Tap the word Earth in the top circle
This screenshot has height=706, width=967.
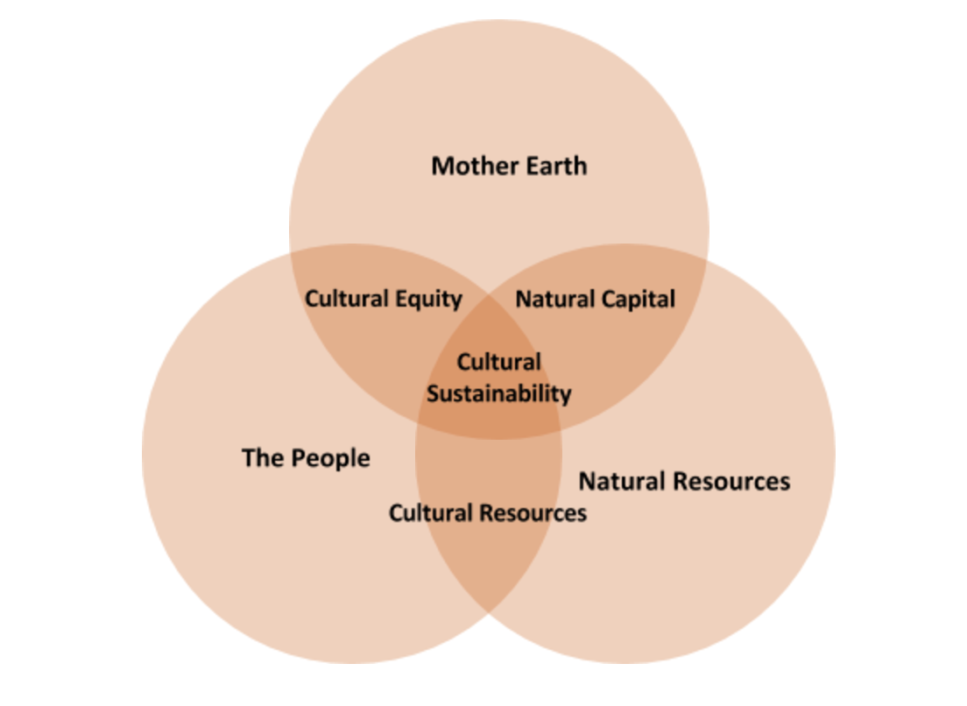(554, 166)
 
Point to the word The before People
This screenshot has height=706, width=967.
(262, 457)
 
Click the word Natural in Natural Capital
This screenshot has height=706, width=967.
(554, 300)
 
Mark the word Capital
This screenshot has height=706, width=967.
(636, 300)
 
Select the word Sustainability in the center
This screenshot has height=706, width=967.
(499, 394)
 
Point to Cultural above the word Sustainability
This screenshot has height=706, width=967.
(499, 362)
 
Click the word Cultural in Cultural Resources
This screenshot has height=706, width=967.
(429, 512)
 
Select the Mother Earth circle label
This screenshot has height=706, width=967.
(509, 166)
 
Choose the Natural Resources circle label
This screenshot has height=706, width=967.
(684, 481)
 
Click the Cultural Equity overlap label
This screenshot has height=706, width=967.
(383, 299)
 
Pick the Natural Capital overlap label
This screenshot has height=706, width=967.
(595, 300)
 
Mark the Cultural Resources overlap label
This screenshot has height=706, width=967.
(488, 512)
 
